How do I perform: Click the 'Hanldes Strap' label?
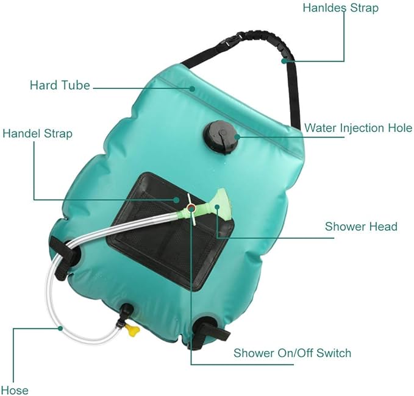(341, 8)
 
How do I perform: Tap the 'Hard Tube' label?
(60, 85)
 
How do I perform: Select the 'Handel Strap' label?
(37, 133)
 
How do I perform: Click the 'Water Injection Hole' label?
(358, 128)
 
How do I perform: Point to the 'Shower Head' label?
(361, 227)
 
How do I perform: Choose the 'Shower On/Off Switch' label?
(292, 353)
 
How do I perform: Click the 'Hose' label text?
(15, 389)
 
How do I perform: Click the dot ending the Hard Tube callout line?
(193, 88)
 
